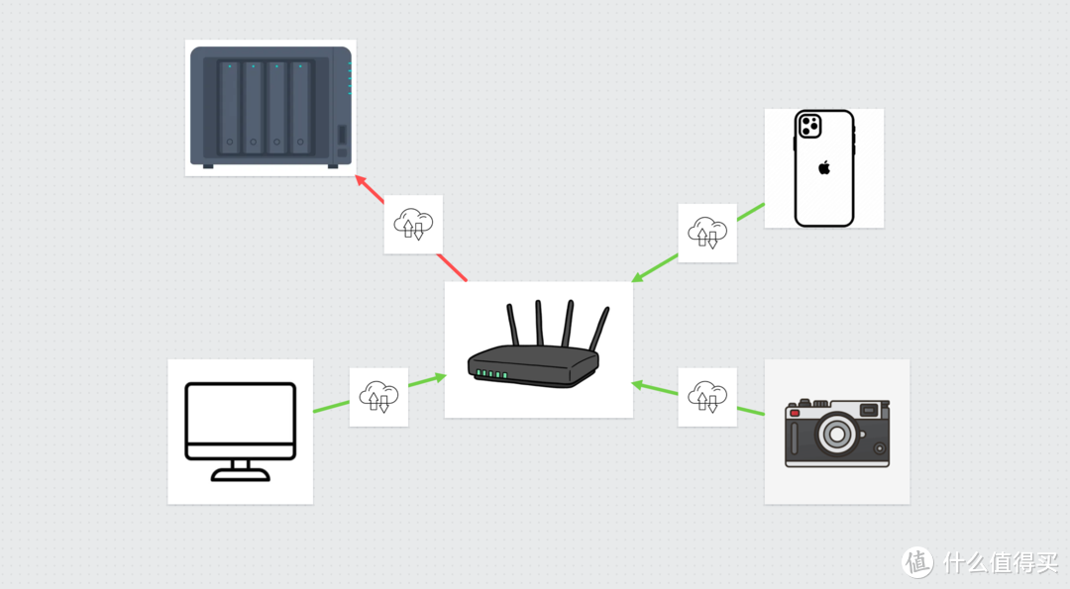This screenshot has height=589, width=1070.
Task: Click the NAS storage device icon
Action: [x=270, y=106]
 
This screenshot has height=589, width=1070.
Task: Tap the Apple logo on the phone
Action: [x=823, y=167]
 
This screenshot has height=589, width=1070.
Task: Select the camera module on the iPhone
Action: [x=809, y=126]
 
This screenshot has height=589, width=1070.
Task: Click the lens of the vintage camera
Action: [x=838, y=433]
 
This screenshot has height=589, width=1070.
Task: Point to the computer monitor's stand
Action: [x=241, y=470]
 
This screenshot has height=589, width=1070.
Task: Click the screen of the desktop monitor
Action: [x=241, y=421]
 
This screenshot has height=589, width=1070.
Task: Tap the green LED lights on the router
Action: [x=491, y=374]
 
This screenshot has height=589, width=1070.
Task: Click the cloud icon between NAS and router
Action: [x=413, y=225]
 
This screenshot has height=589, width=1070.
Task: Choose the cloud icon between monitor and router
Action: [x=378, y=397]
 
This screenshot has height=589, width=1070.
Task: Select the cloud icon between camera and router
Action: [x=707, y=397]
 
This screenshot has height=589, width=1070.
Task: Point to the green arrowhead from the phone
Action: [x=638, y=278]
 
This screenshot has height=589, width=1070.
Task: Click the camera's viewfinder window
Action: [x=868, y=410]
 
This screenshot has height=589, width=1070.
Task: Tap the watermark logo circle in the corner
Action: [x=917, y=561]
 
